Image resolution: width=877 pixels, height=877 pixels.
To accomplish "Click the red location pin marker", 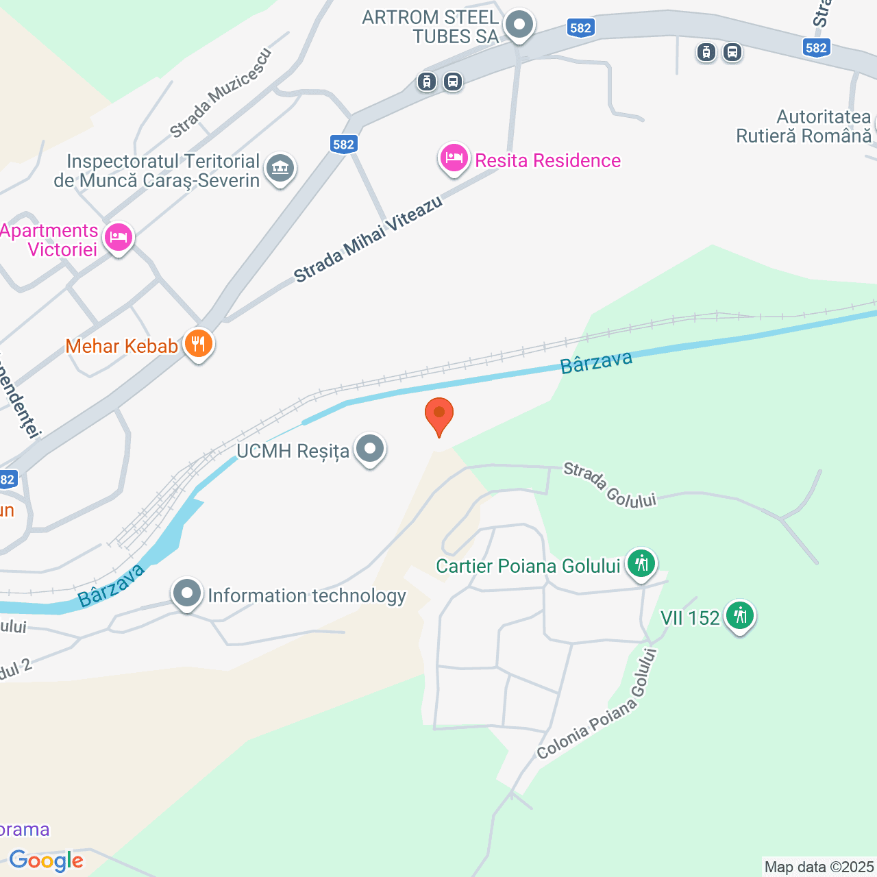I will pyautogui.click(x=438, y=415).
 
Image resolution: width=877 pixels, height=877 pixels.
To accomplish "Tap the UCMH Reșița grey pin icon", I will pyautogui.click(x=371, y=449).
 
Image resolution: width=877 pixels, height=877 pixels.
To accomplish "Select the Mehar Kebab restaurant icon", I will pyautogui.click(x=199, y=344).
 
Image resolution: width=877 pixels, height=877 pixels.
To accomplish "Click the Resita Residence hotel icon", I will pyautogui.click(x=454, y=159).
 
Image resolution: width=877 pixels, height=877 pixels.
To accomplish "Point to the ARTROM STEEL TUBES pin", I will pyautogui.click(x=519, y=25).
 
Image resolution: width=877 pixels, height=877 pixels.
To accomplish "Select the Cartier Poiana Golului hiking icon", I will pyautogui.click(x=641, y=565).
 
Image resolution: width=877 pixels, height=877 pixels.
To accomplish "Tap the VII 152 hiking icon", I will pyautogui.click(x=740, y=616).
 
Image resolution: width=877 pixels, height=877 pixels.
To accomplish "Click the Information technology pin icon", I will pyautogui.click(x=187, y=595).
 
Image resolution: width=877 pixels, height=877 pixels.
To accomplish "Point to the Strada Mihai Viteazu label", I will pyautogui.click(x=369, y=239).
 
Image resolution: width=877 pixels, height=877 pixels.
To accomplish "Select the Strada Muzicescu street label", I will pyautogui.click(x=221, y=93).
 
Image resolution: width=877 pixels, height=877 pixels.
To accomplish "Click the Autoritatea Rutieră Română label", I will pyautogui.click(x=804, y=127).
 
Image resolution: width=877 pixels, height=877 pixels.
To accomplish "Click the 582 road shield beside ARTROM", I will pyautogui.click(x=580, y=28).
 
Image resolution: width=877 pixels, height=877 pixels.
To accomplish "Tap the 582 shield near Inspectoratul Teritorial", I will pyautogui.click(x=343, y=144).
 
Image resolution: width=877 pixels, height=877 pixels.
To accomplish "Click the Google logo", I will pyautogui.click(x=46, y=861).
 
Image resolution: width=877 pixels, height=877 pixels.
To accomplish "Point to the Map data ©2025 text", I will pyautogui.click(x=819, y=867).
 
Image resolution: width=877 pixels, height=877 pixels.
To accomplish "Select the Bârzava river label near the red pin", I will pyautogui.click(x=596, y=362).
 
